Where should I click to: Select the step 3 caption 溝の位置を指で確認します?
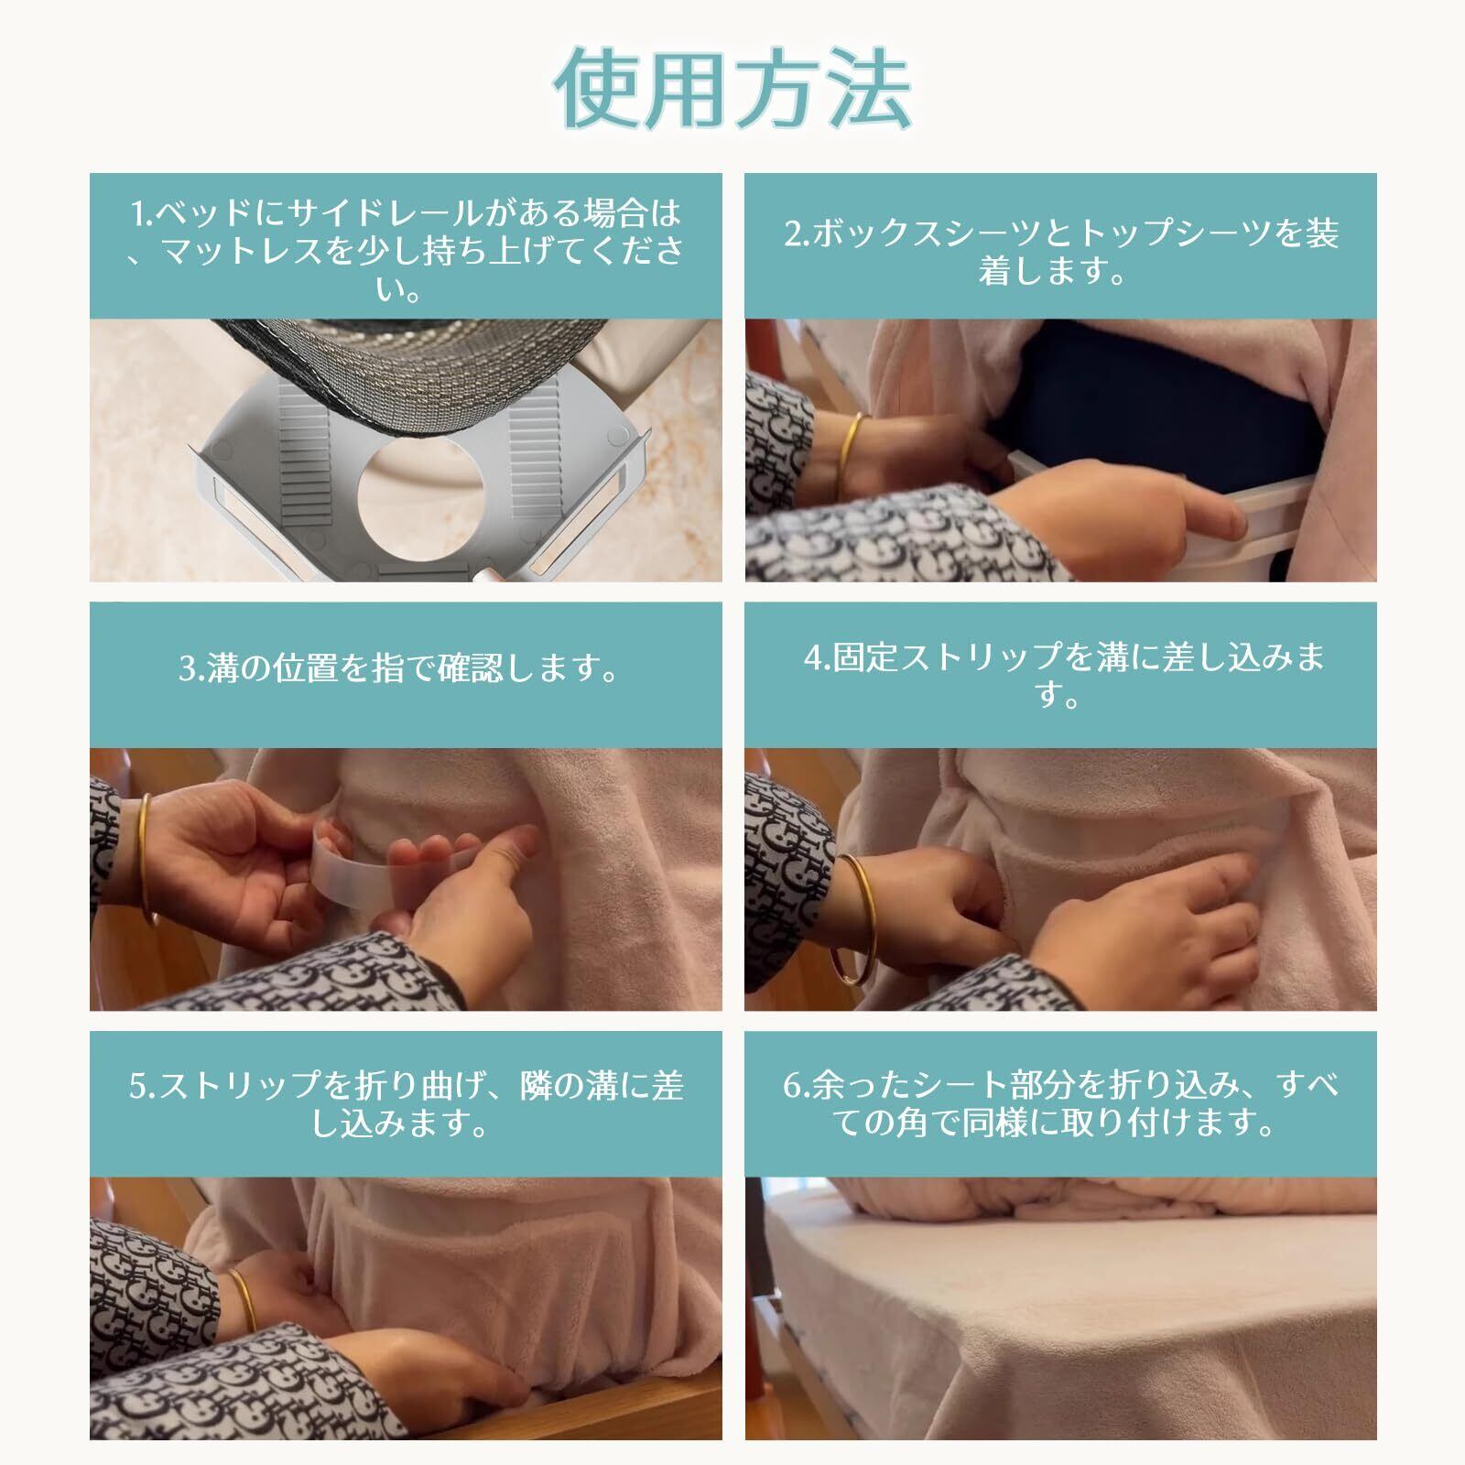point(399,669)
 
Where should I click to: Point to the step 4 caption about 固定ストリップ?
point(1061,676)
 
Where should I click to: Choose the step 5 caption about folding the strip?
point(406,1104)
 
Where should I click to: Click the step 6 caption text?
point(1061,1104)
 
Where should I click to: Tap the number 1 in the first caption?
point(138,214)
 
